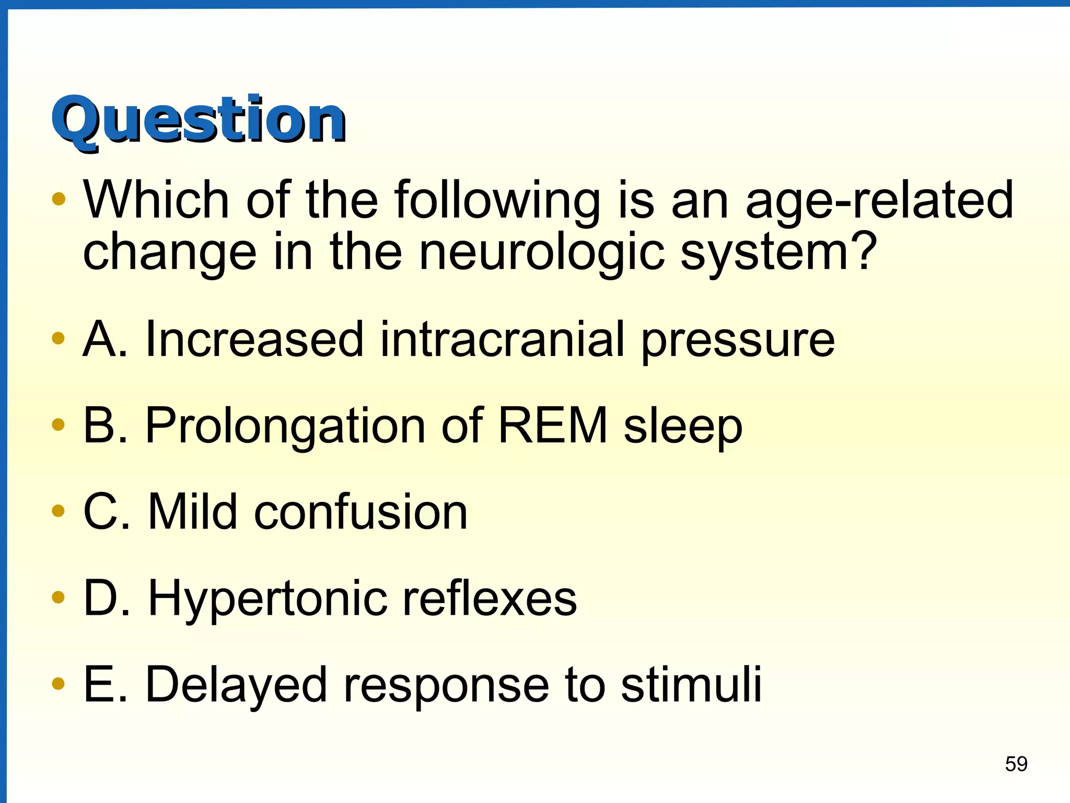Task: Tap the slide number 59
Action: (1016, 764)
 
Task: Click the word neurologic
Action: (541, 252)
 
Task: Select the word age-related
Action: (879, 201)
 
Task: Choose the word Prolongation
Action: (285, 427)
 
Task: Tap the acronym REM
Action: (553, 425)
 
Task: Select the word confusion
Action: (360, 512)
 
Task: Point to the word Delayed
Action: (236, 685)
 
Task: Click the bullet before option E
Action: (59, 683)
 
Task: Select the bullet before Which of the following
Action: (59, 199)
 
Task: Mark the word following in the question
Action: (497, 201)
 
